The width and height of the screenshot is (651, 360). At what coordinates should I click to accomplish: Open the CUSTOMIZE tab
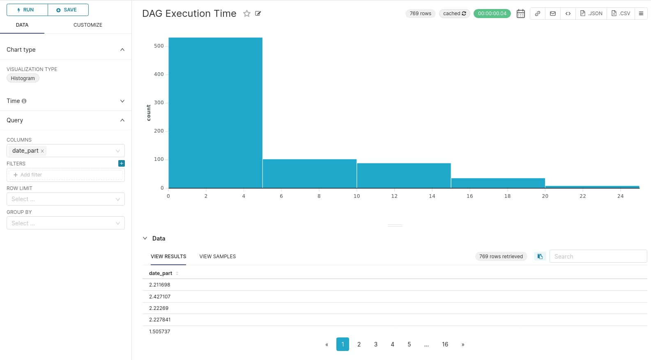click(87, 25)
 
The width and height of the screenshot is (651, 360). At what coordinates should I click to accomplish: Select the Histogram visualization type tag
click(23, 78)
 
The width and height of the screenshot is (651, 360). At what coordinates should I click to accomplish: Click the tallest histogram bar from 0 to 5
click(215, 113)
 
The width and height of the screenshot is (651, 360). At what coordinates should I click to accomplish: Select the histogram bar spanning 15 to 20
click(498, 183)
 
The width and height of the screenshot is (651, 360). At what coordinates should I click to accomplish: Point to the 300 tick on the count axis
click(159, 103)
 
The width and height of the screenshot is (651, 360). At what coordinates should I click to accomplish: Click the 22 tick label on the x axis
click(582, 196)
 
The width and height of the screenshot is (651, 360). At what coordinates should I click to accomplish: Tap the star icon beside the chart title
click(247, 14)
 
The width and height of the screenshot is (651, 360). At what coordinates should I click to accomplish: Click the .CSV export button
click(621, 14)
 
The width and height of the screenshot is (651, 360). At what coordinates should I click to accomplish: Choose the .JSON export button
click(591, 14)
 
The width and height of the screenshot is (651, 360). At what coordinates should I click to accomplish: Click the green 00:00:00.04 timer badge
click(492, 14)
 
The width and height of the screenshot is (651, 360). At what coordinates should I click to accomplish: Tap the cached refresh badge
click(454, 14)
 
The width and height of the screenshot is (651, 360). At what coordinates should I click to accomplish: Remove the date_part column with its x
click(42, 151)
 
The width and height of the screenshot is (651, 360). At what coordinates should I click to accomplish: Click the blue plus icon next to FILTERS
click(122, 163)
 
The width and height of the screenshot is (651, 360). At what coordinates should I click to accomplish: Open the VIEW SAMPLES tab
click(217, 257)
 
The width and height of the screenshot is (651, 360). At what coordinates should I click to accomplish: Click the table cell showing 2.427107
click(160, 296)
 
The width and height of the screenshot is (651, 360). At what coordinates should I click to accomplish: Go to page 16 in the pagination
click(445, 344)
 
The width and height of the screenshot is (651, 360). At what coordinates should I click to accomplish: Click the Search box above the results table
click(598, 257)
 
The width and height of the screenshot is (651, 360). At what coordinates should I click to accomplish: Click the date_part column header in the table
click(161, 273)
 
